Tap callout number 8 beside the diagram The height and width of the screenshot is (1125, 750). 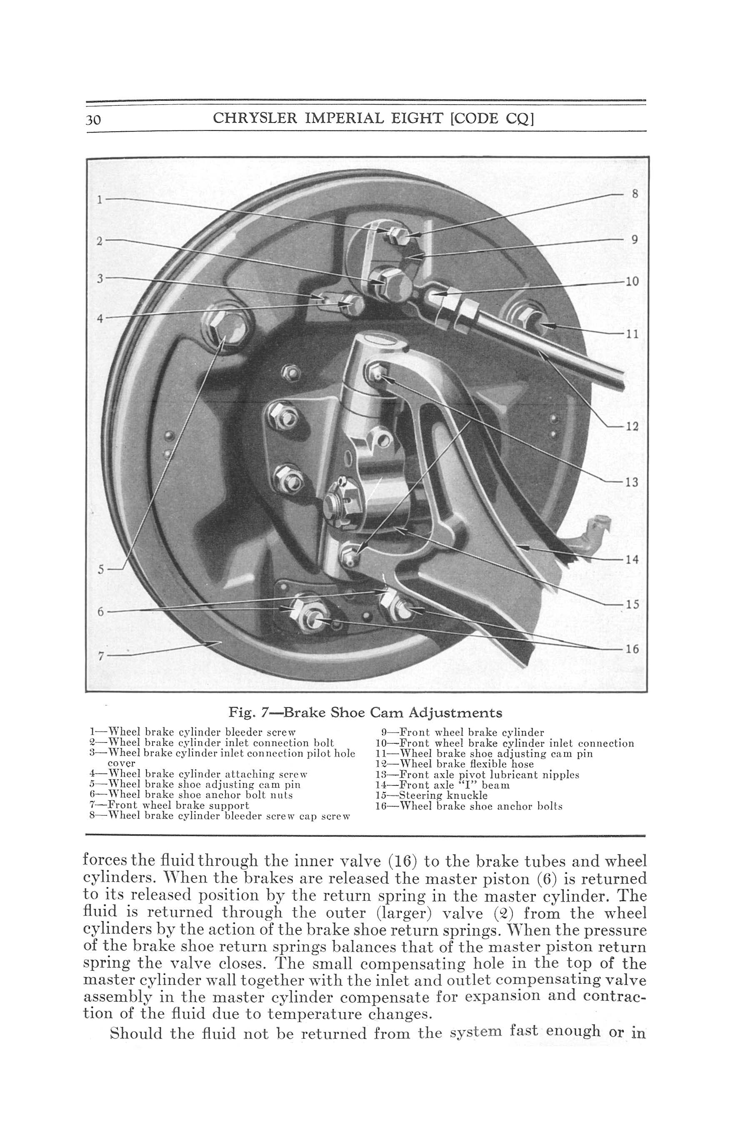pyautogui.click(x=635, y=194)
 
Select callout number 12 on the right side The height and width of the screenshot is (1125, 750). pyautogui.click(x=632, y=426)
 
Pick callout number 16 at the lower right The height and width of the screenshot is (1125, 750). pyautogui.click(x=632, y=649)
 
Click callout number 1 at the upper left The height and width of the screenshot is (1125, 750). pyautogui.click(x=100, y=200)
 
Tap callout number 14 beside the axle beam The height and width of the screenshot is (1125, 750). pyautogui.click(x=632, y=559)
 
